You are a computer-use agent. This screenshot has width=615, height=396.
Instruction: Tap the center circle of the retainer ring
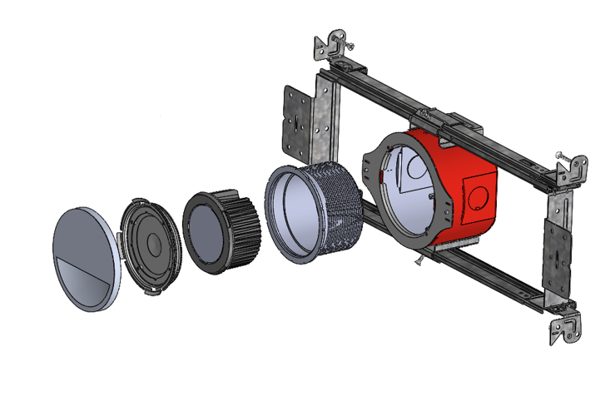[x=153, y=244]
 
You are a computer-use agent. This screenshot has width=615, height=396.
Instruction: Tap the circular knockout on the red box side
[x=478, y=197]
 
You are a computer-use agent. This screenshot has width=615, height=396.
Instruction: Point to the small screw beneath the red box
[x=418, y=260]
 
